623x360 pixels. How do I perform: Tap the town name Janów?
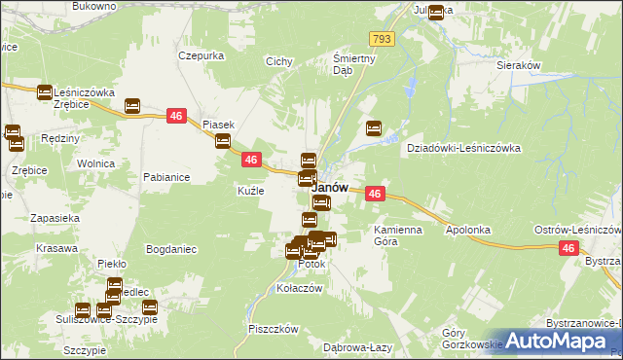330,186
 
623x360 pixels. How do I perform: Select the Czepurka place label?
202,55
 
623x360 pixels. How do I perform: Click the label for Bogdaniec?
171,249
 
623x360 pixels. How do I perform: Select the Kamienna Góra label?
395,234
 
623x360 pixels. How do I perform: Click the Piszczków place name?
272,329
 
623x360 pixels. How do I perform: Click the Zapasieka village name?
55,218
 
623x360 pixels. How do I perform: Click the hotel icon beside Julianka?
435,13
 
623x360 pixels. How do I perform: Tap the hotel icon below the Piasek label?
223,141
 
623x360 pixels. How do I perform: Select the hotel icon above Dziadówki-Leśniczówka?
373,127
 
